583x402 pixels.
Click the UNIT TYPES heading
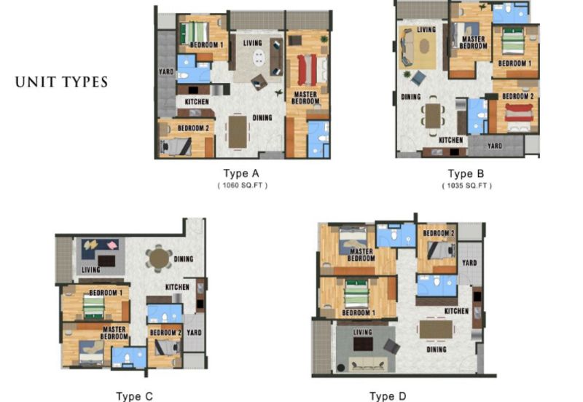[61, 82]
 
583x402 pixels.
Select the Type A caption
[241, 173]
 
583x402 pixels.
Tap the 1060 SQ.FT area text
[243, 185]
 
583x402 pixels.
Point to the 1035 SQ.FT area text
[466, 186]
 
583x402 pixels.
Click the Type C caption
[134, 396]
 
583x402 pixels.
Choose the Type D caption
[388, 396]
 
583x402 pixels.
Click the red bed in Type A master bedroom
[308, 70]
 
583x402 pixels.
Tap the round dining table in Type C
[159, 259]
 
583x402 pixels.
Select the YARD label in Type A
[166, 71]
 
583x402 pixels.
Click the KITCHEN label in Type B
[450, 140]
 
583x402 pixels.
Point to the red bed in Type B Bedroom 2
[519, 114]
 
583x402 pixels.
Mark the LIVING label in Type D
[362, 332]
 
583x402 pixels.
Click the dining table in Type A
[238, 132]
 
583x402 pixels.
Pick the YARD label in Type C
[194, 333]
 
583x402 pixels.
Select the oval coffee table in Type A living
[259, 58]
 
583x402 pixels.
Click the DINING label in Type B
[411, 97]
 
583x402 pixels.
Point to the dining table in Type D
[436, 329]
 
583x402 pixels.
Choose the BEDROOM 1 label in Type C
[106, 293]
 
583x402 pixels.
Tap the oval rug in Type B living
[425, 47]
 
